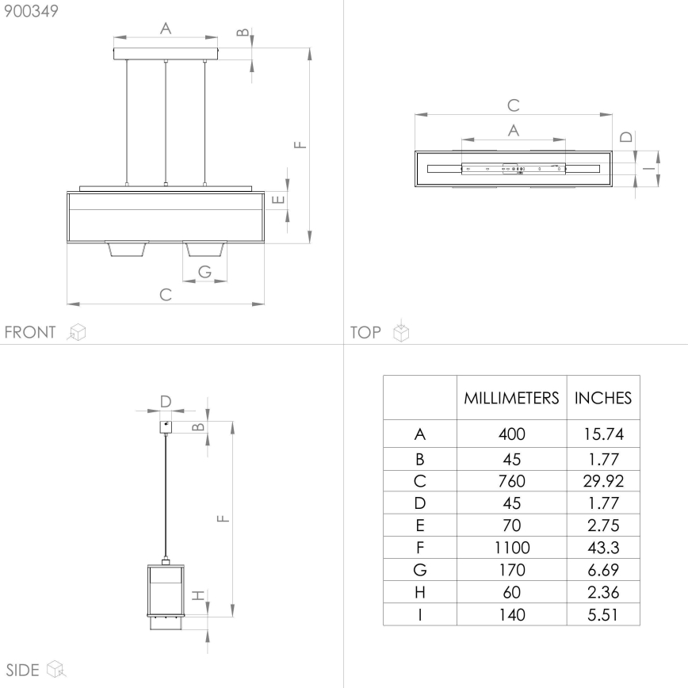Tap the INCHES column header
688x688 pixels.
[x=602, y=398]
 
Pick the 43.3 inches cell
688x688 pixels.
[x=602, y=547]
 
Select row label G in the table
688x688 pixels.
[x=420, y=569]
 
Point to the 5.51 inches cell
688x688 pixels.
[x=602, y=614]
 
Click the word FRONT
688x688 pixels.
[x=30, y=332]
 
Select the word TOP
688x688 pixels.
[x=365, y=332]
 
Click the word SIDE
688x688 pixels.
[x=23, y=670]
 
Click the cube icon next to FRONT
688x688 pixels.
[x=77, y=332]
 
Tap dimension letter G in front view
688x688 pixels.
[x=204, y=271]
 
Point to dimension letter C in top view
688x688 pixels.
[x=513, y=105]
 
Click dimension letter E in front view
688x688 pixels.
[x=277, y=199]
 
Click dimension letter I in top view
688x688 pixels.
[x=648, y=168]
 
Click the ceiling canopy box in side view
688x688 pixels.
[x=165, y=426]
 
